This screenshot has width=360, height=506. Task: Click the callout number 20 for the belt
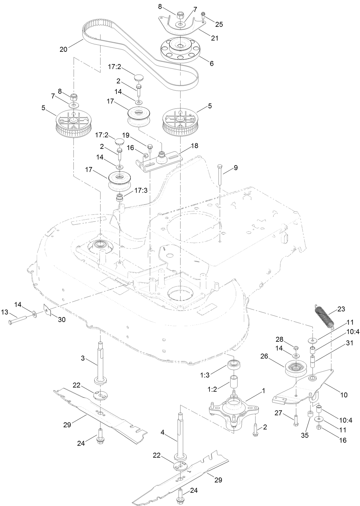[x=63, y=49]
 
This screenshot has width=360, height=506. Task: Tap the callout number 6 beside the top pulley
[x=211, y=64]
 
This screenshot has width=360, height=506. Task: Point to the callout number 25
[x=219, y=24]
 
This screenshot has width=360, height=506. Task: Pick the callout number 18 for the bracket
[x=194, y=145]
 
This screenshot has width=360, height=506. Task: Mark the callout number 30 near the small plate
[x=62, y=320]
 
